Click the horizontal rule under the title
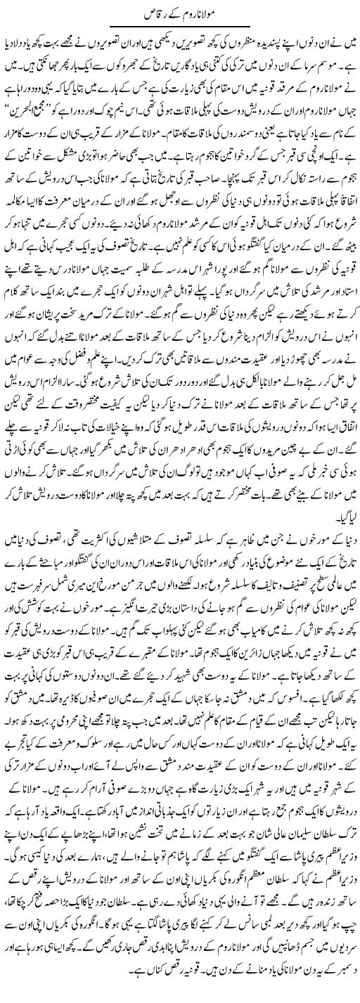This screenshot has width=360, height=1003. point(179,26)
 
